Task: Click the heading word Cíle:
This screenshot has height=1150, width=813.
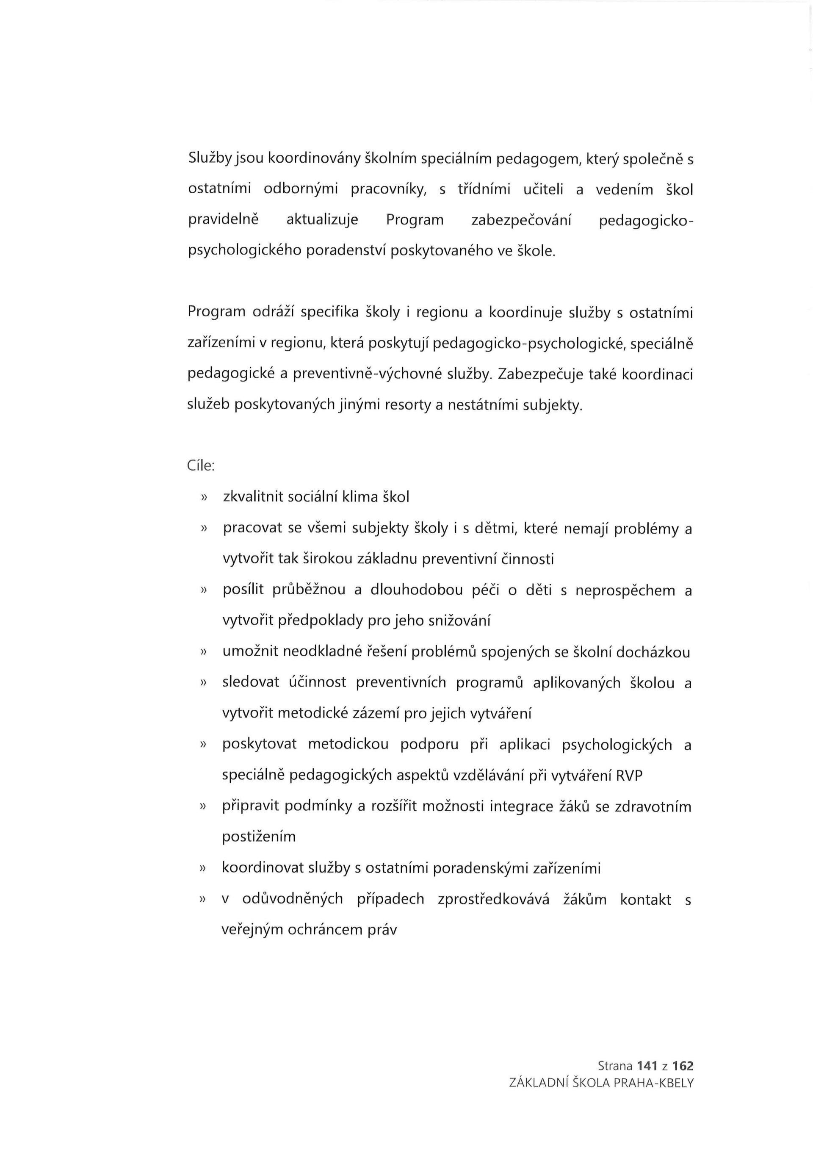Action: (201, 466)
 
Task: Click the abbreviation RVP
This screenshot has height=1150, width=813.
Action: (629, 776)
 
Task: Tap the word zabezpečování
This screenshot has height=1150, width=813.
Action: (521, 220)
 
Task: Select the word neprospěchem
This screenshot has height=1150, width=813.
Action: (625, 590)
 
